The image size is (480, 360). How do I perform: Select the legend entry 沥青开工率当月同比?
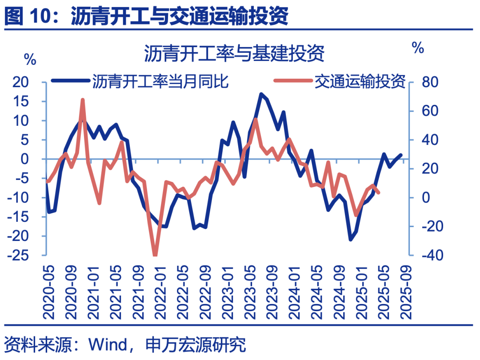[x=160, y=81]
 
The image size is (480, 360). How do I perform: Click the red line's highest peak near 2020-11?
[x=83, y=100]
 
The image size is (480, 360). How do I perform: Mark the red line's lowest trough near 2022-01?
[x=155, y=255]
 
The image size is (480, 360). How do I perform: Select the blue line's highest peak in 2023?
[x=261, y=94]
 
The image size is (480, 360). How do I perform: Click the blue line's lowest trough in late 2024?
[x=350, y=240]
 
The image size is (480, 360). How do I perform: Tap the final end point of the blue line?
[x=401, y=155]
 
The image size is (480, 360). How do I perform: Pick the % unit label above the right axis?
[x=418, y=48]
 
